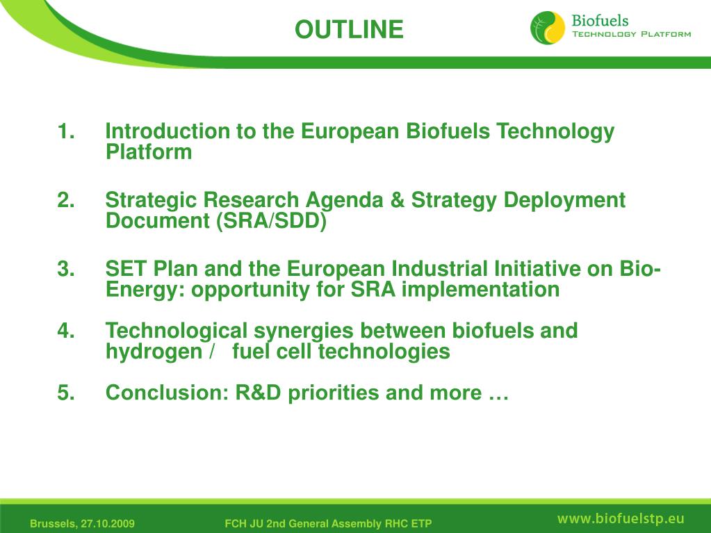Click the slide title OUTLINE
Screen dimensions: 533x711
pos(348,30)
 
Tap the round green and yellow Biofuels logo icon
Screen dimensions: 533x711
pos(548,28)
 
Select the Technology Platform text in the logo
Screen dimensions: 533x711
pos(631,34)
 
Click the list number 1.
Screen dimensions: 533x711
pos(66,131)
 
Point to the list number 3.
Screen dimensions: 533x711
pos(66,269)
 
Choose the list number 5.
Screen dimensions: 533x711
pos(66,393)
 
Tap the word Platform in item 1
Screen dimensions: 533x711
pos(149,152)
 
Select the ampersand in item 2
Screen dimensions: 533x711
pos(397,201)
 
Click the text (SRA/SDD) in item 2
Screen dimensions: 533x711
pos(270,221)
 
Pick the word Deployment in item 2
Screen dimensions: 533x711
pos(564,201)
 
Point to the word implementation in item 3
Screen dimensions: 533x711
pos(480,289)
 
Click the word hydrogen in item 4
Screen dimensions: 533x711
pos(153,352)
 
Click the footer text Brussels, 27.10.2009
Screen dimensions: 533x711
pos(82,523)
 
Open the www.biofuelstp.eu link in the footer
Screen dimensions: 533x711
pos(621,518)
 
